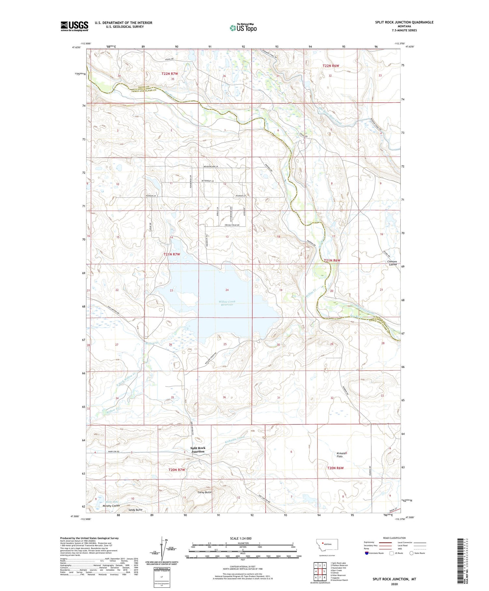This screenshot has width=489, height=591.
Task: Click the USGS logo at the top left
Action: click(74, 26)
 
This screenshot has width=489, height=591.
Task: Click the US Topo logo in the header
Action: click(243, 28)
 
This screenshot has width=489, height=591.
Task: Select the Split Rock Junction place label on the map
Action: click(198, 450)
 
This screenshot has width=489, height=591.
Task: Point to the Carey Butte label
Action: click(205, 492)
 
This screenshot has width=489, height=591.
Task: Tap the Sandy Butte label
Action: click(135, 510)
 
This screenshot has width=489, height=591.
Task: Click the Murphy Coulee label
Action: click(111, 506)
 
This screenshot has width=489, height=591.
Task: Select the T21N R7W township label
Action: click(172, 254)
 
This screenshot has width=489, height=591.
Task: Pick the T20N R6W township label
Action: click(335, 468)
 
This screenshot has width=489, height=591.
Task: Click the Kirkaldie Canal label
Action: click(234, 439)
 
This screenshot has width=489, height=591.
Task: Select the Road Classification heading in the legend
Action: click(394, 538)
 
